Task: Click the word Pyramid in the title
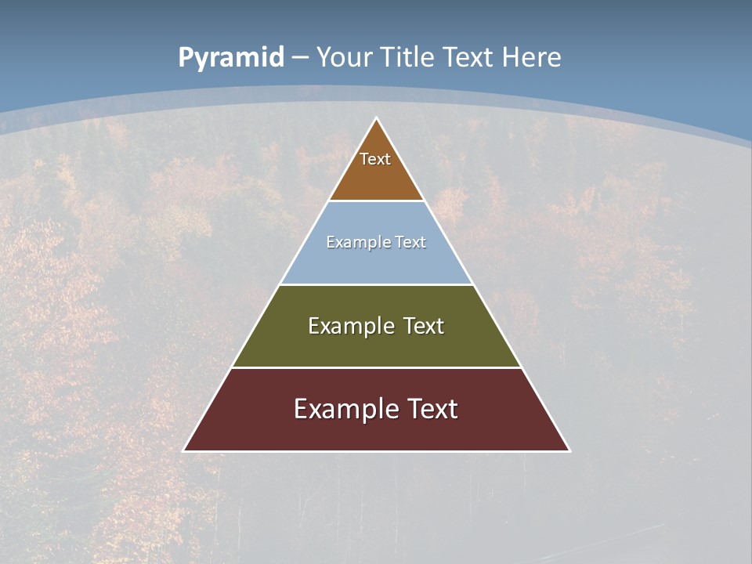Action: tap(231, 58)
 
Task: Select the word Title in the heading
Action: tap(407, 57)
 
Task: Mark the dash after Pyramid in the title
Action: tap(300, 58)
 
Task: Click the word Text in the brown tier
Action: tap(375, 159)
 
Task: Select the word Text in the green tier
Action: tap(424, 326)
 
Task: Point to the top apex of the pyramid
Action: tap(376, 119)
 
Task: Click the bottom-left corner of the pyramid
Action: tap(184, 450)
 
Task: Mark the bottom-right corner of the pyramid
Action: tap(569, 450)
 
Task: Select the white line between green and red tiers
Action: tap(376, 367)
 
